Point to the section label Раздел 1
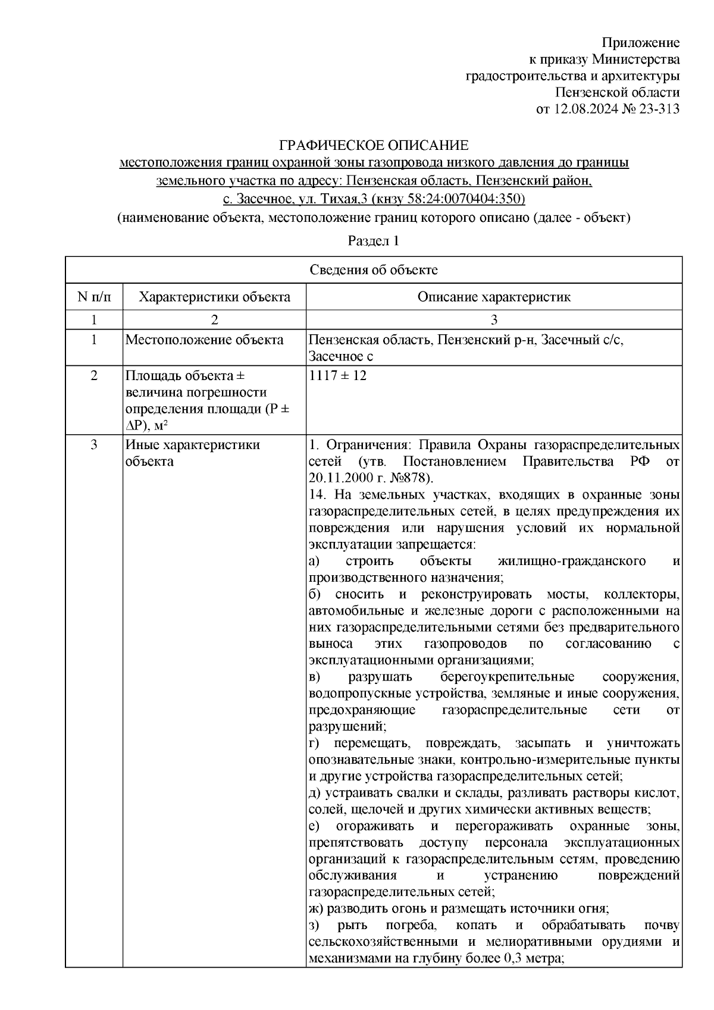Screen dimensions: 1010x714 [x=373, y=241]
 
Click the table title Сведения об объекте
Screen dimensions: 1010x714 [x=374, y=270]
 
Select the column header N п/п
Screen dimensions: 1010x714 [x=93, y=297]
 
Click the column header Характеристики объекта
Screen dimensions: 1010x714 [x=214, y=297]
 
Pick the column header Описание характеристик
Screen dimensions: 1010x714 [x=494, y=297]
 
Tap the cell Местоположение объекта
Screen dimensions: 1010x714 [x=204, y=340]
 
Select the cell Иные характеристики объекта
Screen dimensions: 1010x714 [x=192, y=453]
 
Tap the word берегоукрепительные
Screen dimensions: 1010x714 [x=507, y=677]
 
